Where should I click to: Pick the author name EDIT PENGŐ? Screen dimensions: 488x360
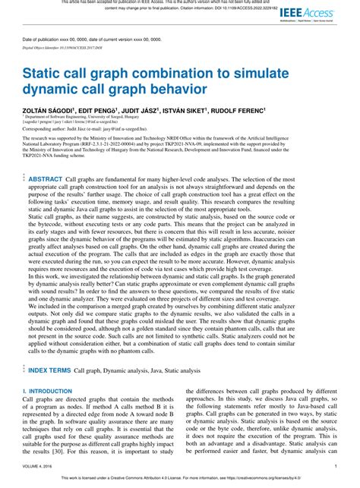99,109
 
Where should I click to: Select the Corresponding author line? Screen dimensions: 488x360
87,130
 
